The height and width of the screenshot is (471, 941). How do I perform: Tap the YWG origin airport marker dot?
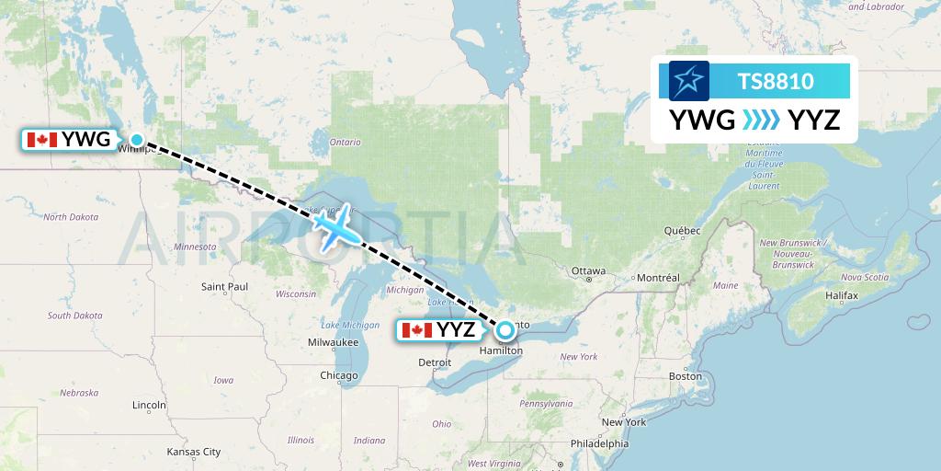tap(137, 141)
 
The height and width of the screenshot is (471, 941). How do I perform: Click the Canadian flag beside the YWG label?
tap(40, 141)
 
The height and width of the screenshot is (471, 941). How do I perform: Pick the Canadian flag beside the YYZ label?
tap(417, 329)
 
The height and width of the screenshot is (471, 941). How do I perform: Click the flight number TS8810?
tap(776, 81)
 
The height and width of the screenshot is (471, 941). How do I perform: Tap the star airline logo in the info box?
tap(689, 81)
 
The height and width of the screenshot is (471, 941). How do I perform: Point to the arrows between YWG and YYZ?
tap(761, 120)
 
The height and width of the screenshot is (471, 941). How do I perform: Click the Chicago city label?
tap(339, 375)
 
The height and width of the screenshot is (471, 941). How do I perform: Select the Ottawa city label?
tap(588, 271)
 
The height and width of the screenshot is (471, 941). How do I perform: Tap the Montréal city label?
tap(658, 278)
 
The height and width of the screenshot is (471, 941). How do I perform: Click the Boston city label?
tap(686, 376)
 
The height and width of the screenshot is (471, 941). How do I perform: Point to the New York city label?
tap(624, 422)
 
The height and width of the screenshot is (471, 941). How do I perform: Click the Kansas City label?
tap(193, 452)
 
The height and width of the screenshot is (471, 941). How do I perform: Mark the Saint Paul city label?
tap(225, 287)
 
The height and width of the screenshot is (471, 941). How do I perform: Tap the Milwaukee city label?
tap(334, 342)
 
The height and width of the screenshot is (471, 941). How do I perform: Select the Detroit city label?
tap(435, 363)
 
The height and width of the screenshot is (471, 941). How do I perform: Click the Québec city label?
tap(683, 230)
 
